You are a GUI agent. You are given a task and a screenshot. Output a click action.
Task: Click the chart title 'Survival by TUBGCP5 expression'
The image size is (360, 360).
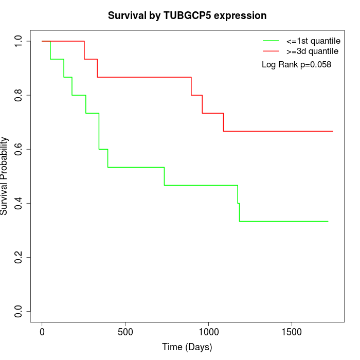pyautogui.click(x=187, y=15)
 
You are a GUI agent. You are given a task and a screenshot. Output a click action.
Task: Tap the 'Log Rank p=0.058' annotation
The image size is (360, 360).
pyautogui.click(x=296, y=64)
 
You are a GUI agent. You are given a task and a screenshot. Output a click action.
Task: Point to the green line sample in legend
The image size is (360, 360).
pyautogui.click(x=271, y=41)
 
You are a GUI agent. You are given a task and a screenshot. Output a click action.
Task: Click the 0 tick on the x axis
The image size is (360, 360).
pyautogui.click(x=42, y=332)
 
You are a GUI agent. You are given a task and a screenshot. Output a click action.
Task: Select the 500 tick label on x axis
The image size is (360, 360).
pyautogui.click(x=125, y=332)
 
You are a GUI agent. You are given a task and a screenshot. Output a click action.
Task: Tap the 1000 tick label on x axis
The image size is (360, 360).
pyautogui.click(x=209, y=332)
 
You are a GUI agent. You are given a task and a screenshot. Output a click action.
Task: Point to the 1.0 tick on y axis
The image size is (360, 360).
pyautogui.click(x=19, y=41)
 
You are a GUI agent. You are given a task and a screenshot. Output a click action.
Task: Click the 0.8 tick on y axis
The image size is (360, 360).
pyautogui.click(x=19, y=95)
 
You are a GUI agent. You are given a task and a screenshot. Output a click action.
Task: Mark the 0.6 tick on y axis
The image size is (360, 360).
pyautogui.click(x=19, y=149)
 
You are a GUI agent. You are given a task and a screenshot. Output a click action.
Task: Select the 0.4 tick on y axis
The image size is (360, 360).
pyautogui.click(x=19, y=203)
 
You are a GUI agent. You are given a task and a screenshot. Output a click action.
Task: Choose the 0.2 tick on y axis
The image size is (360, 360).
pyautogui.click(x=19, y=257)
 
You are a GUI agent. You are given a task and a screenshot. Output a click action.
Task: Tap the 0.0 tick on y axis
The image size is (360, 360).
pyautogui.click(x=19, y=311)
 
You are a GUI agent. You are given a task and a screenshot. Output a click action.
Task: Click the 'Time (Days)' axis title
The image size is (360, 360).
pyautogui.click(x=187, y=347)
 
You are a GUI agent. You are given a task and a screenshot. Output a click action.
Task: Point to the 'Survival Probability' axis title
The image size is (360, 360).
pyautogui.click(x=5, y=176)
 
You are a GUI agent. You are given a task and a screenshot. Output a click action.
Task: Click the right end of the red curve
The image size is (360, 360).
pyautogui.click(x=333, y=131)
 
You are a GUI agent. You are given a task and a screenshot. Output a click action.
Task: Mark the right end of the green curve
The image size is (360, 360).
pyautogui.click(x=328, y=221)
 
